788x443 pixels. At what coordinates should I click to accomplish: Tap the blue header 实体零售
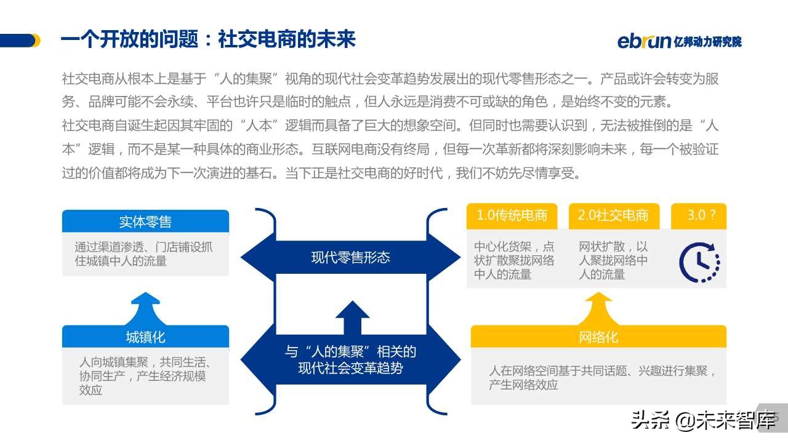(x=145, y=221)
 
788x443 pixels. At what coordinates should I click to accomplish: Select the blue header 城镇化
(x=145, y=337)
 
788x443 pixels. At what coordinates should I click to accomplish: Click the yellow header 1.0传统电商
(x=512, y=216)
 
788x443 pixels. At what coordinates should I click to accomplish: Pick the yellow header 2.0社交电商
(x=613, y=216)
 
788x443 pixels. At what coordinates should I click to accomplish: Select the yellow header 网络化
(x=598, y=337)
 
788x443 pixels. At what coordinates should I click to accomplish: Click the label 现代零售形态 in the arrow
(x=350, y=257)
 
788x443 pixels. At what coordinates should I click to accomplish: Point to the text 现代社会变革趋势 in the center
(x=350, y=368)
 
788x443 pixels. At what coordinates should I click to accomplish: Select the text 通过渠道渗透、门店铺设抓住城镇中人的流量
(x=143, y=253)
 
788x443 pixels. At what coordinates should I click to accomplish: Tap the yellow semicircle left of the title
(x=36, y=41)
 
